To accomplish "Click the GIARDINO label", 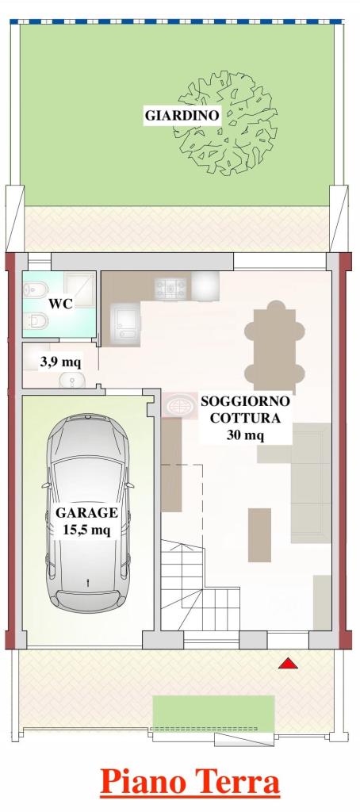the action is click(x=182, y=115).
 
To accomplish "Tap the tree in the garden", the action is click(x=228, y=123).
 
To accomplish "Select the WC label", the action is click(x=60, y=304).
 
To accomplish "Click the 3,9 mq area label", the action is click(x=60, y=362).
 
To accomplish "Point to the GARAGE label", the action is click(x=86, y=513).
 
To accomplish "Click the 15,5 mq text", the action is click(x=86, y=530).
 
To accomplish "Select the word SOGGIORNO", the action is click(x=245, y=400).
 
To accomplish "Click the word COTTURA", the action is click(x=245, y=418).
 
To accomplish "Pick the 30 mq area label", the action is click(x=245, y=435).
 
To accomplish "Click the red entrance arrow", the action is click(x=288, y=664).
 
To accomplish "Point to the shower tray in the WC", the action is click(x=79, y=287).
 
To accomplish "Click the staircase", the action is click(x=199, y=585).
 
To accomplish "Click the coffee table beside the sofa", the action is click(x=259, y=535).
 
